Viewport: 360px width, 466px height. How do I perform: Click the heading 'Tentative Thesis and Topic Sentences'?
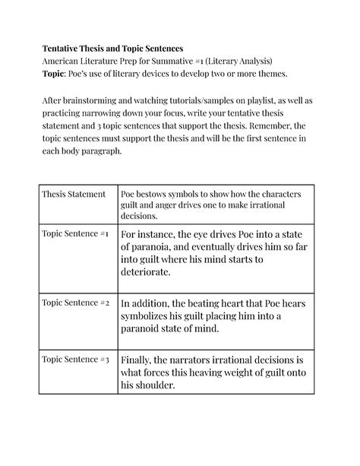[x=111, y=47]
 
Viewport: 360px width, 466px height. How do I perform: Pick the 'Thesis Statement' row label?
[x=74, y=194]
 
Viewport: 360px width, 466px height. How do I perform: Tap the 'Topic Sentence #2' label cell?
[x=76, y=303]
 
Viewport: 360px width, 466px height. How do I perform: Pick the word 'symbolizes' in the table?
[x=153, y=315]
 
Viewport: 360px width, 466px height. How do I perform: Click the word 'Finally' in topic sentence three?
[x=138, y=358]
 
